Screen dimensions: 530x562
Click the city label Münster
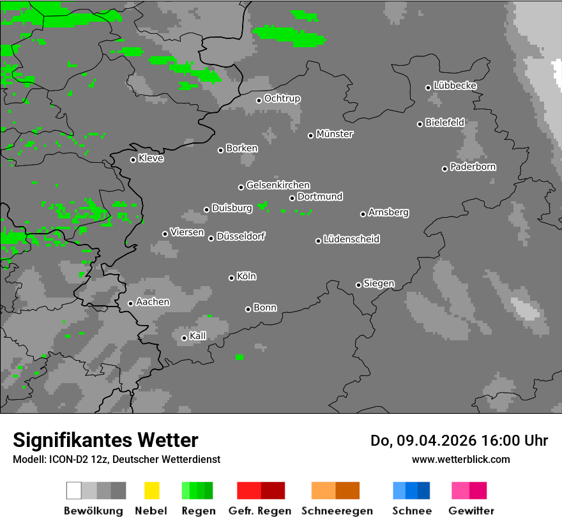click(x=335, y=134)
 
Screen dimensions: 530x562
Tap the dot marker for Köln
click(x=231, y=278)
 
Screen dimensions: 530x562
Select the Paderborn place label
click(x=473, y=167)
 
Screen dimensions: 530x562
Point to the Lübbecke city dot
click(x=429, y=87)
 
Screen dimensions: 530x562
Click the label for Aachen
click(x=153, y=301)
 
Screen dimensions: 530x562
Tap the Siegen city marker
click(x=358, y=285)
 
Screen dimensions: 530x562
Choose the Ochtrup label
click(x=282, y=98)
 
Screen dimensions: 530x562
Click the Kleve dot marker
click(x=133, y=160)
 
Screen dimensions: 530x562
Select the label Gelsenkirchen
click(x=278, y=185)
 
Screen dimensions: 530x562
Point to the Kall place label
click(x=198, y=336)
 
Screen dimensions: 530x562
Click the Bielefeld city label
click(x=445, y=122)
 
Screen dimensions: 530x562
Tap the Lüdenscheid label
click(x=351, y=239)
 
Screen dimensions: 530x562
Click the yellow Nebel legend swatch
click(x=151, y=490)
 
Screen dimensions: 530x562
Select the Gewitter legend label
click(x=471, y=511)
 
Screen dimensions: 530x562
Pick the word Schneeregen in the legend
click(x=337, y=511)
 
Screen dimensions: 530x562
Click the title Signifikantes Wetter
click(x=105, y=440)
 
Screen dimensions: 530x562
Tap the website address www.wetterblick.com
click(x=460, y=459)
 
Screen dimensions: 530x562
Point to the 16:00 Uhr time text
click(x=510, y=441)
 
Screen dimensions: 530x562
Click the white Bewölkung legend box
click(x=73, y=490)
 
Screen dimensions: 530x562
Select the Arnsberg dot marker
click(x=363, y=214)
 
